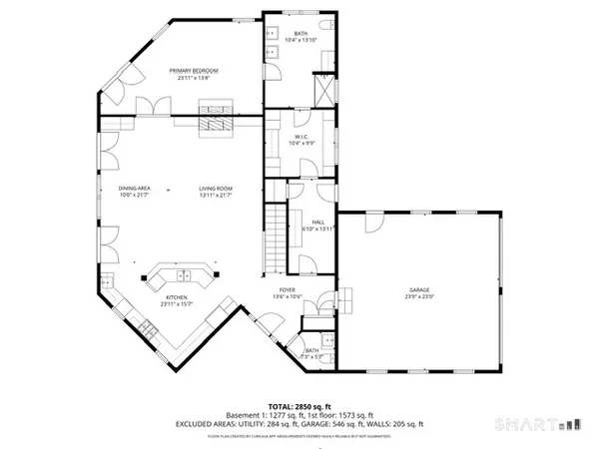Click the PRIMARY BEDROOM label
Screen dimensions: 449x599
(194, 71)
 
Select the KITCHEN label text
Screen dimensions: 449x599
(176, 297)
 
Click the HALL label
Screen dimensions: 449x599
(318, 223)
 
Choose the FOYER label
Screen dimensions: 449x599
(288, 290)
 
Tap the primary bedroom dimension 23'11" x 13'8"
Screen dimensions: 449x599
(194, 78)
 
